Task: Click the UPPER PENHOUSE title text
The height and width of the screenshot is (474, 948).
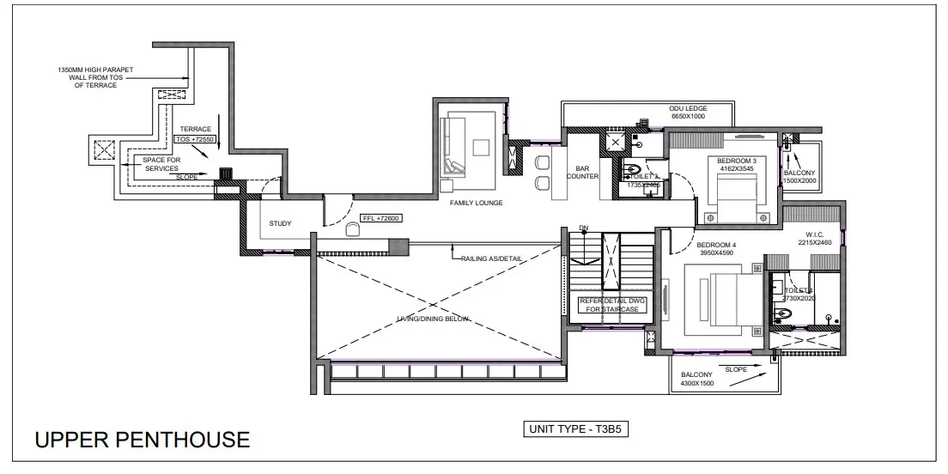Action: point(143,441)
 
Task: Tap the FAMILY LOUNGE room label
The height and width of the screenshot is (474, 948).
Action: point(477,203)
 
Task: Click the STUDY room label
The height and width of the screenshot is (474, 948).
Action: point(280,223)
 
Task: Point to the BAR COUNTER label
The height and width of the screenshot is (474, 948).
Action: point(581,173)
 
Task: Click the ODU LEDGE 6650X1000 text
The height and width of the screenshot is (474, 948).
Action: point(688,112)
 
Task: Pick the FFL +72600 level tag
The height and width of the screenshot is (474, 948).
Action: point(380,219)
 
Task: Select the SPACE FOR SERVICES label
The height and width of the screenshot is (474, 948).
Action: point(161,164)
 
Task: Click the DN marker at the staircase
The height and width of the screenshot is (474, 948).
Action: point(584,228)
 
